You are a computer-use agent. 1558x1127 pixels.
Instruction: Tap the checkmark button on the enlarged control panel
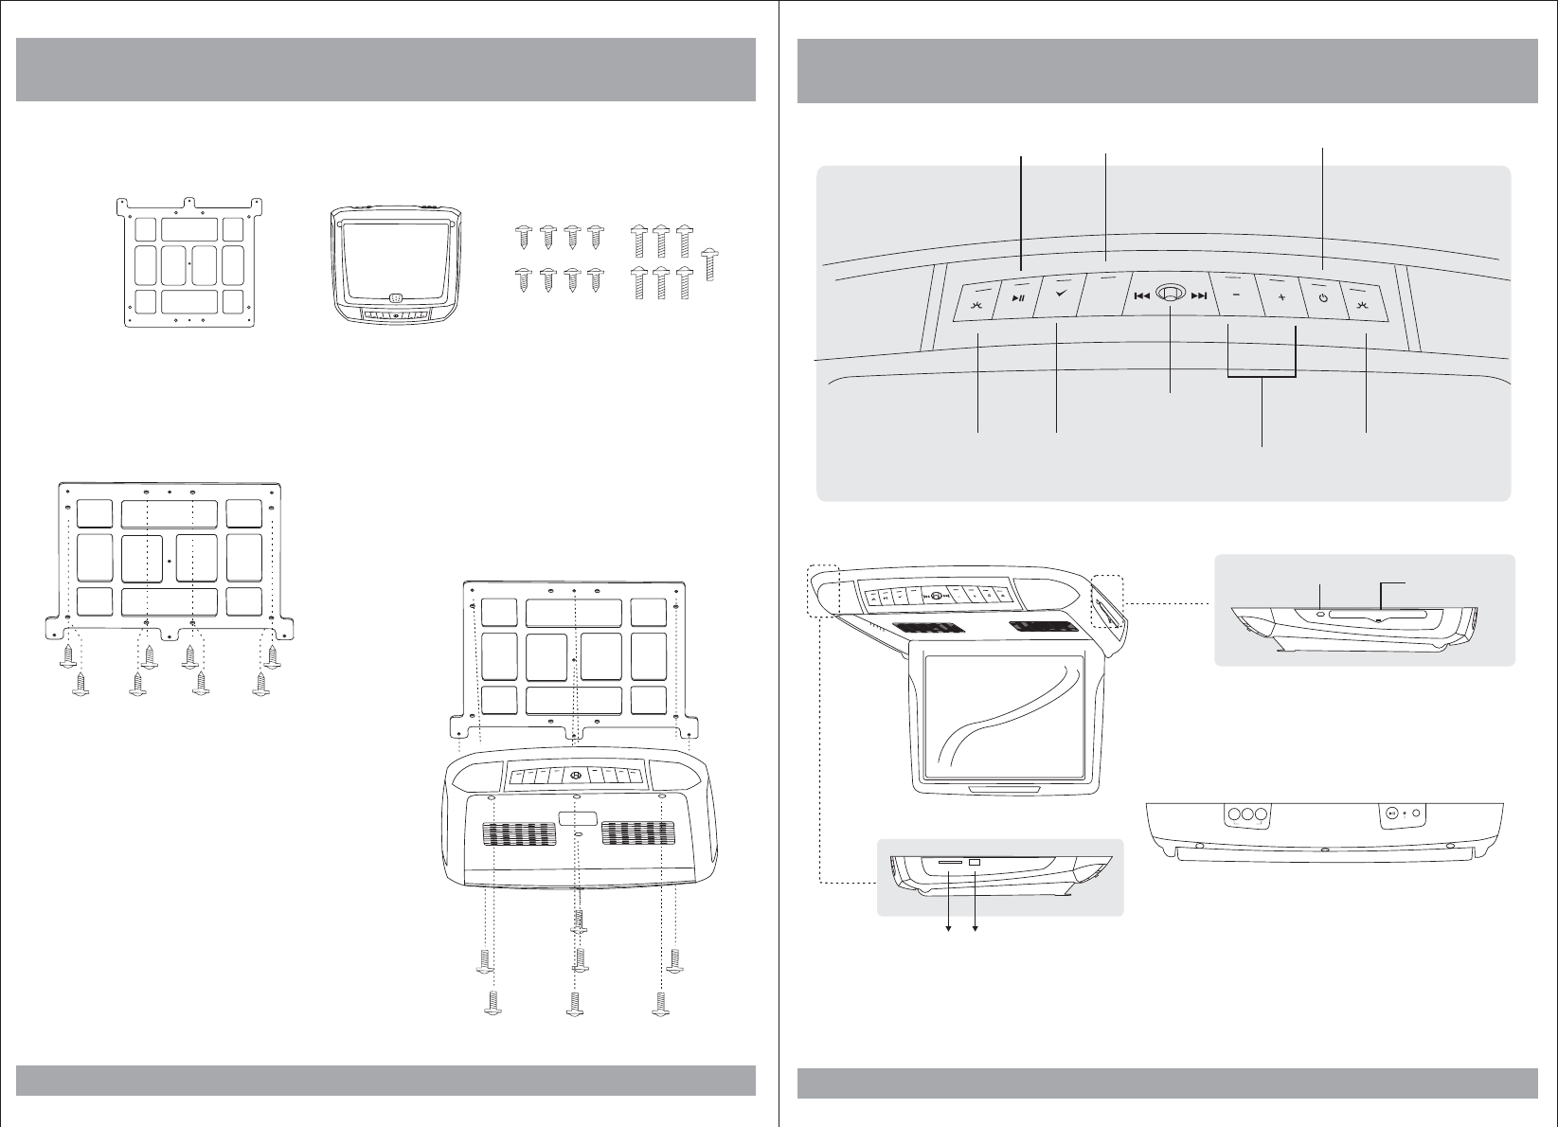pos(1060,296)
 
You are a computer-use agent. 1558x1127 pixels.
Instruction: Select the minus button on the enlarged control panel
pos(1236,297)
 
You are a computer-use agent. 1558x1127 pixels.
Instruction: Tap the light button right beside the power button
pos(1364,304)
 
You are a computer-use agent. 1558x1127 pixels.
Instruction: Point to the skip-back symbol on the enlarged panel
pos(1141,296)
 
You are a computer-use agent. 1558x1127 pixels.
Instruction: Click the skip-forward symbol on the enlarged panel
pos(1199,296)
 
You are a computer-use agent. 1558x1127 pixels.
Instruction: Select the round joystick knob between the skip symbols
pos(1171,295)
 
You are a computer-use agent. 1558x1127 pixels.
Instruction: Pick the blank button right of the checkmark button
pos(1102,296)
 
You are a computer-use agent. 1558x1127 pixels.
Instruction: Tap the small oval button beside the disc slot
pos(1320,615)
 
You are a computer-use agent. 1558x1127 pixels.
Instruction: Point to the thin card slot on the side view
pos(948,863)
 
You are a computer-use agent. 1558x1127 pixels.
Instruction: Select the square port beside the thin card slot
pos(975,862)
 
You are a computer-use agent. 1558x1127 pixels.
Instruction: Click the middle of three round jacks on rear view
pos(1246,814)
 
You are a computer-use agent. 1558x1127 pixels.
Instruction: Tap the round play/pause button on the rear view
pos(1389,813)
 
